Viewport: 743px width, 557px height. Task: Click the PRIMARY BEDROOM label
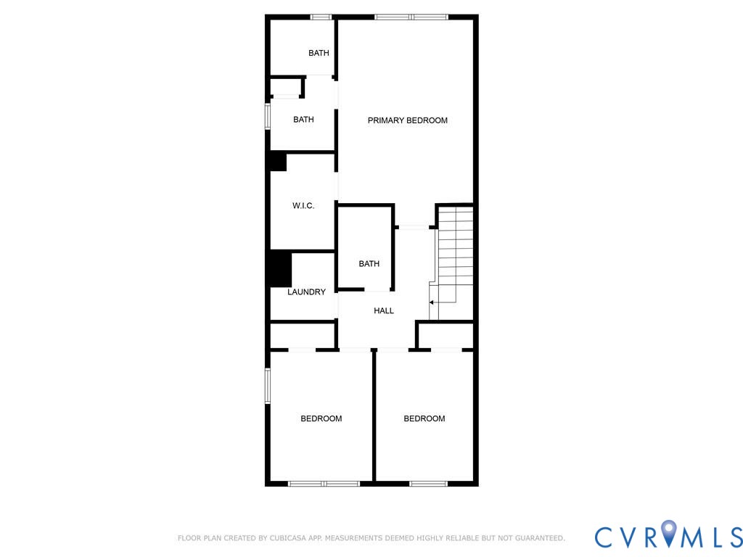(408, 120)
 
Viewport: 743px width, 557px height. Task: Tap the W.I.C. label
(303, 205)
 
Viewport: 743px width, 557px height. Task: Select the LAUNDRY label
(307, 292)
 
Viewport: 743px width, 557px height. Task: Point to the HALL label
(384, 310)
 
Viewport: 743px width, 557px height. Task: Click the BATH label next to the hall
(369, 264)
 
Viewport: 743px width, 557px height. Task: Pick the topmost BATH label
(319, 53)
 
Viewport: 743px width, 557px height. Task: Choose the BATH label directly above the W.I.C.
(303, 120)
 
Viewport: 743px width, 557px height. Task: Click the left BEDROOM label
(321, 418)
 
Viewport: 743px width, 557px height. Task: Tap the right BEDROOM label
(424, 418)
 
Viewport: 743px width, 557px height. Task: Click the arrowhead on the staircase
(431, 302)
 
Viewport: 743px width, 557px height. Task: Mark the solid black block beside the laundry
(281, 269)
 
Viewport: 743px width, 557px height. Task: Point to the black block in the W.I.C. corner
(278, 162)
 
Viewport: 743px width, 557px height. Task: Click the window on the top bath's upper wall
(321, 17)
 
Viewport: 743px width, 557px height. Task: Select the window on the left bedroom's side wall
(267, 386)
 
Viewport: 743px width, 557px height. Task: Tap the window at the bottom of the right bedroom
(428, 484)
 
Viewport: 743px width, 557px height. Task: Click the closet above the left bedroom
(302, 337)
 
